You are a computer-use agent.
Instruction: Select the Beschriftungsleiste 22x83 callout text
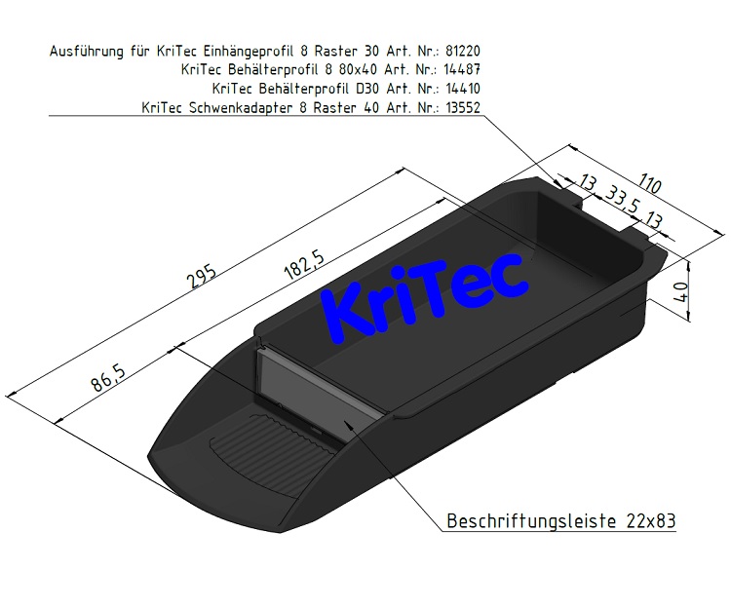(560, 521)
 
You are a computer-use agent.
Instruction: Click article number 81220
(457, 51)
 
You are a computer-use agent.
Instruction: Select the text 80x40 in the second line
(354, 69)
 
